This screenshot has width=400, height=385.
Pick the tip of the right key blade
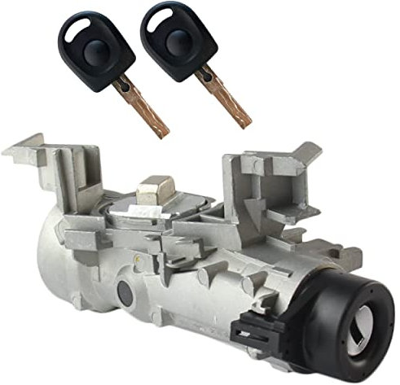point(249,123)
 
